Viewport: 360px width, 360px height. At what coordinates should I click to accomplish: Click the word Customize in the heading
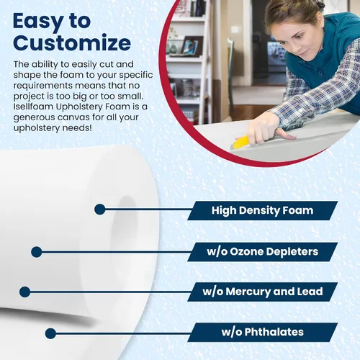72,42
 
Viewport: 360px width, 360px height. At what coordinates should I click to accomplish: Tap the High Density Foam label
262,210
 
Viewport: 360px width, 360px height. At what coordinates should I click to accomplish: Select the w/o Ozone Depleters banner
262,252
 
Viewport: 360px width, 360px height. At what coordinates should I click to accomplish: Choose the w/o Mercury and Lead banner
262,292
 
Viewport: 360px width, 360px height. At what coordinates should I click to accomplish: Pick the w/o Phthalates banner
262,332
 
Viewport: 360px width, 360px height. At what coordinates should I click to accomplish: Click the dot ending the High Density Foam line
100,210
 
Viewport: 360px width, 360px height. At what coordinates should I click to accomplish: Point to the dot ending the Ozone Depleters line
37,252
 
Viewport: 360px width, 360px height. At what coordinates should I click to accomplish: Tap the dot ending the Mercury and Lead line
25,292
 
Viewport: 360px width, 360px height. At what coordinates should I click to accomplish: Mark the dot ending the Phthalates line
50,333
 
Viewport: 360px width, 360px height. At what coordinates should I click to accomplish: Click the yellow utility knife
243,142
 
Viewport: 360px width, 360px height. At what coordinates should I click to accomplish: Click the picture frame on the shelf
192,46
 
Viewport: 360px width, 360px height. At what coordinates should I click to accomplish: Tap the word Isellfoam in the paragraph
33,107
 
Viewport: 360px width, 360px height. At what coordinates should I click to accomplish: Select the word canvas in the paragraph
73,117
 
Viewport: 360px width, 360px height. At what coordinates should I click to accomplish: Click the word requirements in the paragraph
43,86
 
